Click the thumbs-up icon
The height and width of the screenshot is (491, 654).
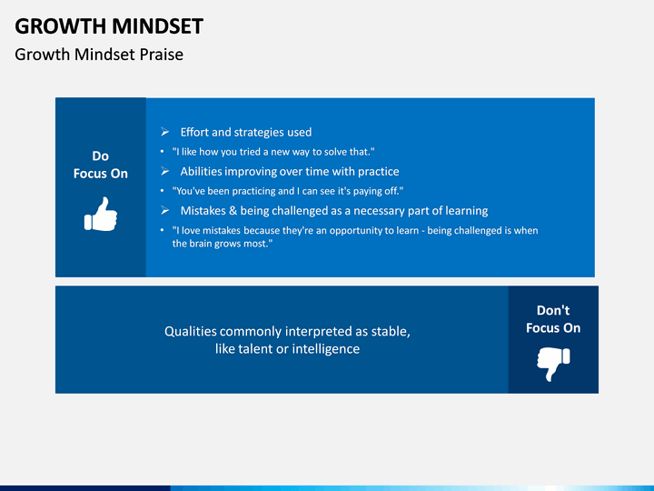(x=101, y=215)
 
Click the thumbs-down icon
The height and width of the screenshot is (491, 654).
(x=553, y=364)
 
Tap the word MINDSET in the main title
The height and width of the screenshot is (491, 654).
(x=158, y=26)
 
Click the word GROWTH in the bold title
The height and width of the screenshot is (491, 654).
(x=61, y=26)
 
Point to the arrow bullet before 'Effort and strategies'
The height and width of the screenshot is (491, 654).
(x=164, y=132)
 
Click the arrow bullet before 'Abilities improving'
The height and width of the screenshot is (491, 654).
(x=164, y=171)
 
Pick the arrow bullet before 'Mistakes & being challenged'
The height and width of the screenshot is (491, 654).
(x=164, y=210)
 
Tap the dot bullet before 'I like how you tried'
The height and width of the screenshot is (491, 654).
(x=163, y=151)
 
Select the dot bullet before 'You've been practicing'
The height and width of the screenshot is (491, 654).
(x=163, y=190)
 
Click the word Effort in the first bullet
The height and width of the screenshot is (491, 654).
(x=194, y=132)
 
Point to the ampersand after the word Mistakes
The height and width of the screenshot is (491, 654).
(x=233, y=210)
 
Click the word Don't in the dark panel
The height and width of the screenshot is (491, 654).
(x=553, y=310)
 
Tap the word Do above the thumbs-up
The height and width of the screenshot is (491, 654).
(x=101, y=156)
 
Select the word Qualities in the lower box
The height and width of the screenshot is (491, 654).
(x=191, y=331)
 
